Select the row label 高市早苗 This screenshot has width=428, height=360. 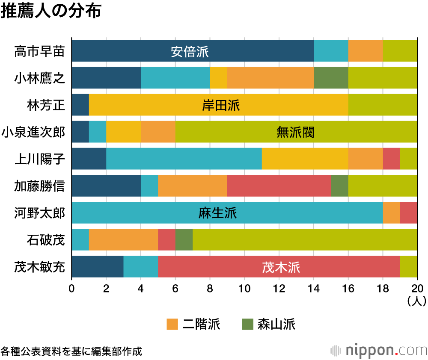coord(39,51)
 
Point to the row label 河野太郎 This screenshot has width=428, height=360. coord(39,213)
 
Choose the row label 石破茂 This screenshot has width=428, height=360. coord(46,240)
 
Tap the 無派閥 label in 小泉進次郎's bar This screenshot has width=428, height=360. coord(295,133)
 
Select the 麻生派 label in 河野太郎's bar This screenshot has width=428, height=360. coord(217,213)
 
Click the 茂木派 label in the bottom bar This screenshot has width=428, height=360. coord(281,267)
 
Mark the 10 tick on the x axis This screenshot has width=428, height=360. coord(244,287)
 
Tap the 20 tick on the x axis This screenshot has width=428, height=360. coord(417,287)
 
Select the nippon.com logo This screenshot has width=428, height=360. coord(379,350)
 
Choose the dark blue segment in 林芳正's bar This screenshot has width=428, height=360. coord(80,105)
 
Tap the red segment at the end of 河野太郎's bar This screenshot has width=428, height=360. coord(408,213)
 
